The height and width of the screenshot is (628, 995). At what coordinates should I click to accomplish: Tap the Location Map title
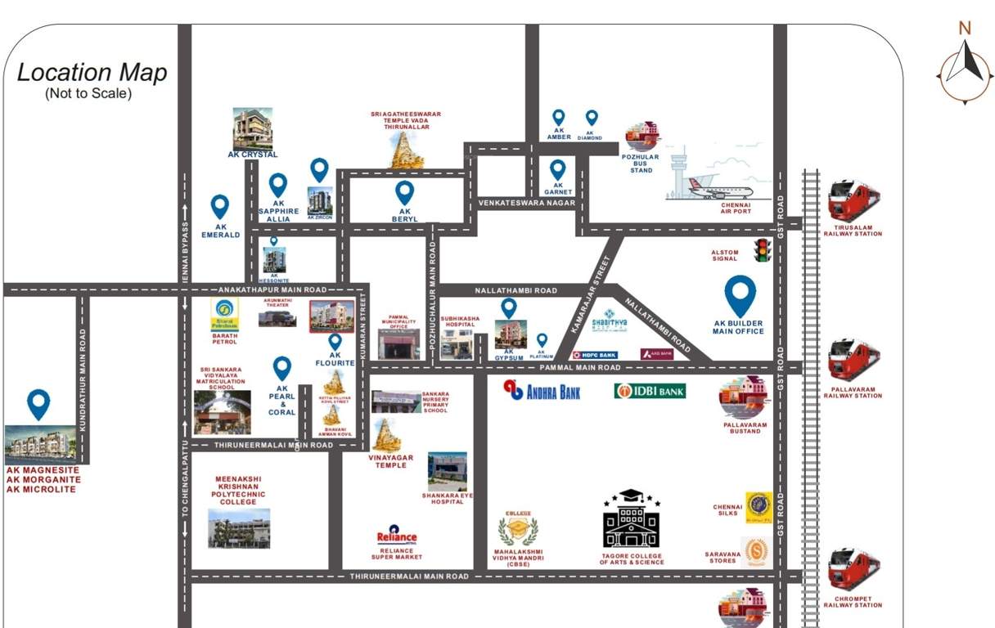92,73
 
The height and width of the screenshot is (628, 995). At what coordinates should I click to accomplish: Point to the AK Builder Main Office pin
741,296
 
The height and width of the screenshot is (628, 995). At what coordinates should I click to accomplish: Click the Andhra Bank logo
542,391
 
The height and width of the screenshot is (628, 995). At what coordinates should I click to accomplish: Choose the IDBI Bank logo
651,391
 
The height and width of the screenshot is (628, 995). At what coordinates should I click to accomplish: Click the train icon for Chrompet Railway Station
853,570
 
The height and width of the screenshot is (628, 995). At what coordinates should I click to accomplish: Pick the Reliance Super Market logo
397,536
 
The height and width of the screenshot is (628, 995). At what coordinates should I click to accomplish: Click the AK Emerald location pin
220,207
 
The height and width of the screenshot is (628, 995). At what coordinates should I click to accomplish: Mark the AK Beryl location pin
404,193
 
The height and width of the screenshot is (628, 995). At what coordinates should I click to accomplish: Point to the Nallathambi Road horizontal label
516,290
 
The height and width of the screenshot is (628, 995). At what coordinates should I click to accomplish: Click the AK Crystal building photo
252,128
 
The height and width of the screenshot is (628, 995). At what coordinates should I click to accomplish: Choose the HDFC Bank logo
594,355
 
